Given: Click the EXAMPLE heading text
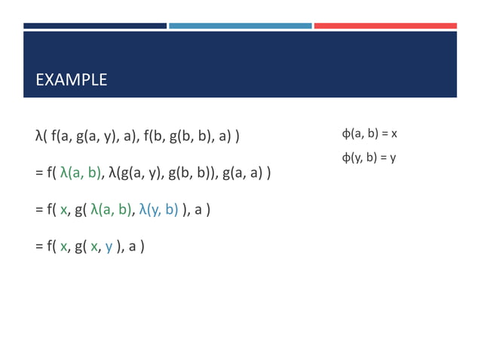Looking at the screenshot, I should [72, 80].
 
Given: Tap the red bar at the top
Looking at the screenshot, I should [384, 26].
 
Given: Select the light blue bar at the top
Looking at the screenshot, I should [240, 26].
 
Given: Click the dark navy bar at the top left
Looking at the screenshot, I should [94, 26].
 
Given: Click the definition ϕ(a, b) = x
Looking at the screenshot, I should [369, 134].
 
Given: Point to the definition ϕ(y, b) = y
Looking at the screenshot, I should [369, 157].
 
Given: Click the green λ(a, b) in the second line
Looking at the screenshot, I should [80, 173].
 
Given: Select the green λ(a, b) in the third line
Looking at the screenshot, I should [112, 209].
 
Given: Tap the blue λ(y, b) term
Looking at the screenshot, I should [158, 209].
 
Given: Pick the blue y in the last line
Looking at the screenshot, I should [109, 246].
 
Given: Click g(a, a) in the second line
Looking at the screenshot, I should [242, 173].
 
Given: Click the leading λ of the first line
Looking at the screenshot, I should [38, 136].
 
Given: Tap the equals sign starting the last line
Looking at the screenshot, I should [38, 246].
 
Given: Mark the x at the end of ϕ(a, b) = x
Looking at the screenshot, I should [394, 134].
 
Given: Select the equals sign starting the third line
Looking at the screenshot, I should [38, 209].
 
